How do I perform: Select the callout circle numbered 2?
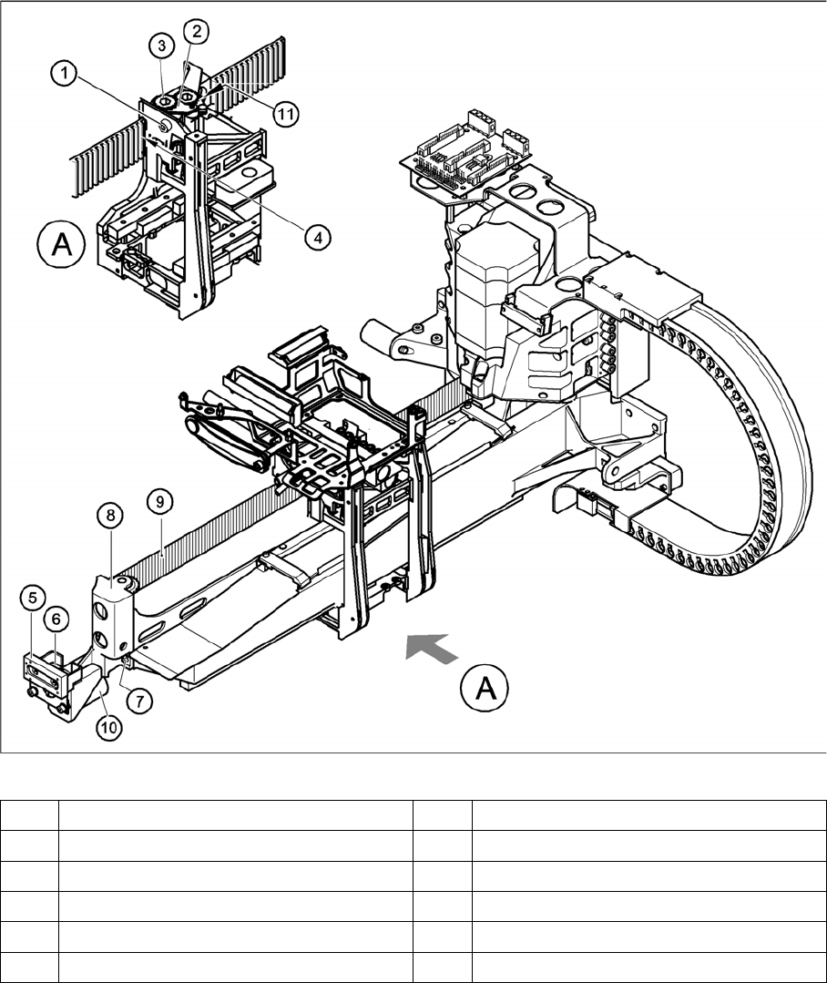tap(196, 30)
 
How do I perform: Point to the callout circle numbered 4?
tap(317, 238)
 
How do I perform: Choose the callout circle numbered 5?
tap(32, 599)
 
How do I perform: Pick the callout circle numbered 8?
tap(109, 516)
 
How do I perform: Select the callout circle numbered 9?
tap(158, 500)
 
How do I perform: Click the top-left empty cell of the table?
tap(30, 814)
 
